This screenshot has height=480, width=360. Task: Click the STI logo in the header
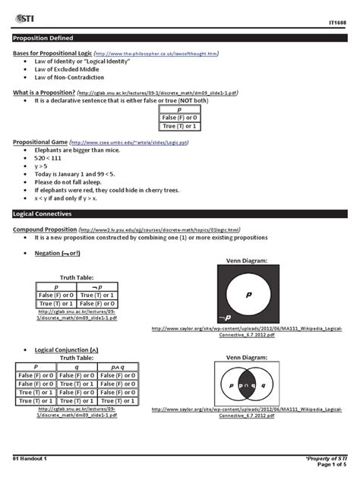click(x=25, y=14)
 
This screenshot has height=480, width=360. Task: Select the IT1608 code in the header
click(x=337, y=24)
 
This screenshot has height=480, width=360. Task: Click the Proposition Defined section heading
click(x=44, y=36)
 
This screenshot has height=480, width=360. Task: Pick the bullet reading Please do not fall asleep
click(x=71, y=183)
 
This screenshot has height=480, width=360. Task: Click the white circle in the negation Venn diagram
click(x=249, y=292)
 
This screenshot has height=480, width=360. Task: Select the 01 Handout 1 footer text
click(x=30, y=459)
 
